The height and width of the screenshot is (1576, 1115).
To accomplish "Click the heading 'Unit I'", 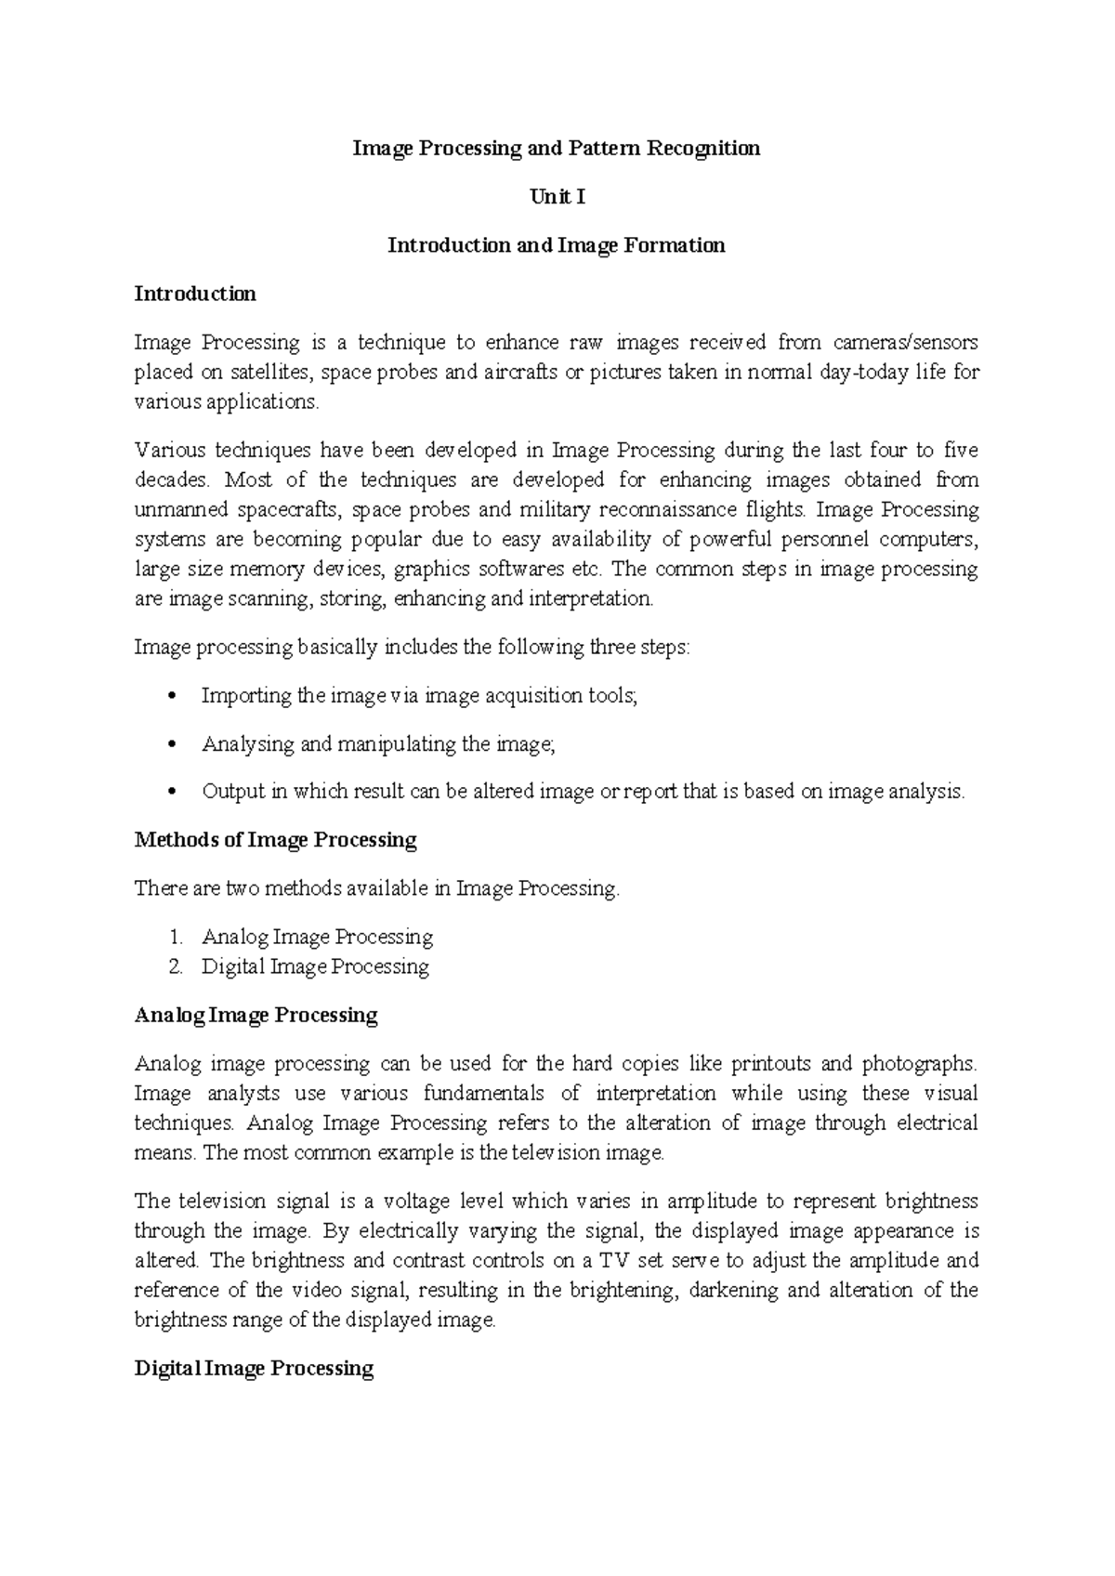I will [557, 197].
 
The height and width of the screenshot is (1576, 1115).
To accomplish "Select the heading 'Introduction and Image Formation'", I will [556, 245].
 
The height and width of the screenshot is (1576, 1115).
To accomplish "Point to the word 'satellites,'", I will [267, 373].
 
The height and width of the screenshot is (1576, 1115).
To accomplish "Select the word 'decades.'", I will [173, 480].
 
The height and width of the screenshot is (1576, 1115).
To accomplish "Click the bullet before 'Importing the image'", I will [169, 696].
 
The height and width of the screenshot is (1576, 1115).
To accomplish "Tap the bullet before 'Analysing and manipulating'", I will [169, 744].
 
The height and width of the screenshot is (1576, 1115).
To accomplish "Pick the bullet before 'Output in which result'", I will [169, 793].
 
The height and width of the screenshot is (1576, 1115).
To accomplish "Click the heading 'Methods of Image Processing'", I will [275, 840].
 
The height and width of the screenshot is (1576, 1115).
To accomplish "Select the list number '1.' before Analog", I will [177, 938].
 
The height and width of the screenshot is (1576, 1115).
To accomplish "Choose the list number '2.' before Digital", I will [177, 967].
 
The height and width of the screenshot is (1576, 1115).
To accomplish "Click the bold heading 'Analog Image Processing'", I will [256, 1016].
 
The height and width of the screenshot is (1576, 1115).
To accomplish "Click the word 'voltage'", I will [417, 1202].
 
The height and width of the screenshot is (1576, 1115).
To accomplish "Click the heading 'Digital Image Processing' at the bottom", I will [254, 1369].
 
